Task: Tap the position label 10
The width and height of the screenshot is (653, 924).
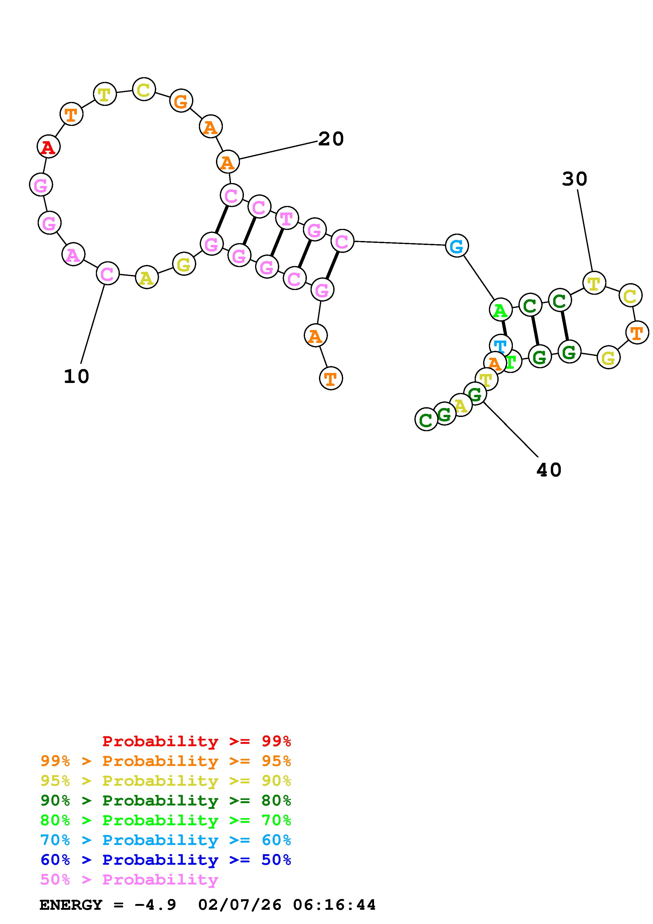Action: coord(76,377)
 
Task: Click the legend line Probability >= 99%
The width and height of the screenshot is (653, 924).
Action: coord(197,741)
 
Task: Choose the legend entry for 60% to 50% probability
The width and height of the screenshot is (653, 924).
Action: coord(166,860)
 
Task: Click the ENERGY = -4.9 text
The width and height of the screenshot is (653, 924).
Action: coord(108,905)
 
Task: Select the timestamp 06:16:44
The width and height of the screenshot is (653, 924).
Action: coord(334,905)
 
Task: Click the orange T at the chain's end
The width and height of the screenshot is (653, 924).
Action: coord(331,378)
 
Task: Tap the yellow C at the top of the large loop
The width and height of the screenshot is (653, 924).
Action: coord(144,89)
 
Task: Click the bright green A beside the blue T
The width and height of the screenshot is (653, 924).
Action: coord(500,310)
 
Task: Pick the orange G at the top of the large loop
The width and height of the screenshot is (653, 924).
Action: coord(181,101)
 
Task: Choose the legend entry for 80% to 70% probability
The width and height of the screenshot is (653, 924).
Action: coord(166,820)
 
